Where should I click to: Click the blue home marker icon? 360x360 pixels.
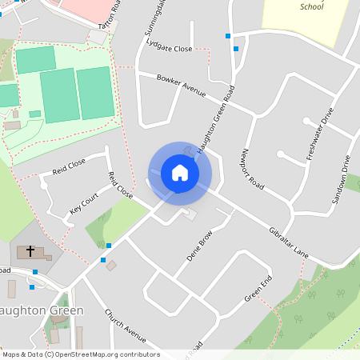click(x=180, y=173)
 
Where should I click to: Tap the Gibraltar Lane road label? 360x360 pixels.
click(x=289, y=241)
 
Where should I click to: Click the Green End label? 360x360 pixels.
click(x=258, y=289)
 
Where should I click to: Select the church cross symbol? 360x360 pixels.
click(x=31, y=251)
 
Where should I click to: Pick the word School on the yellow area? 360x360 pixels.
click(x=310, y=6)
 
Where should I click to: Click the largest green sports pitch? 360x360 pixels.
click(x=58, y=95)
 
